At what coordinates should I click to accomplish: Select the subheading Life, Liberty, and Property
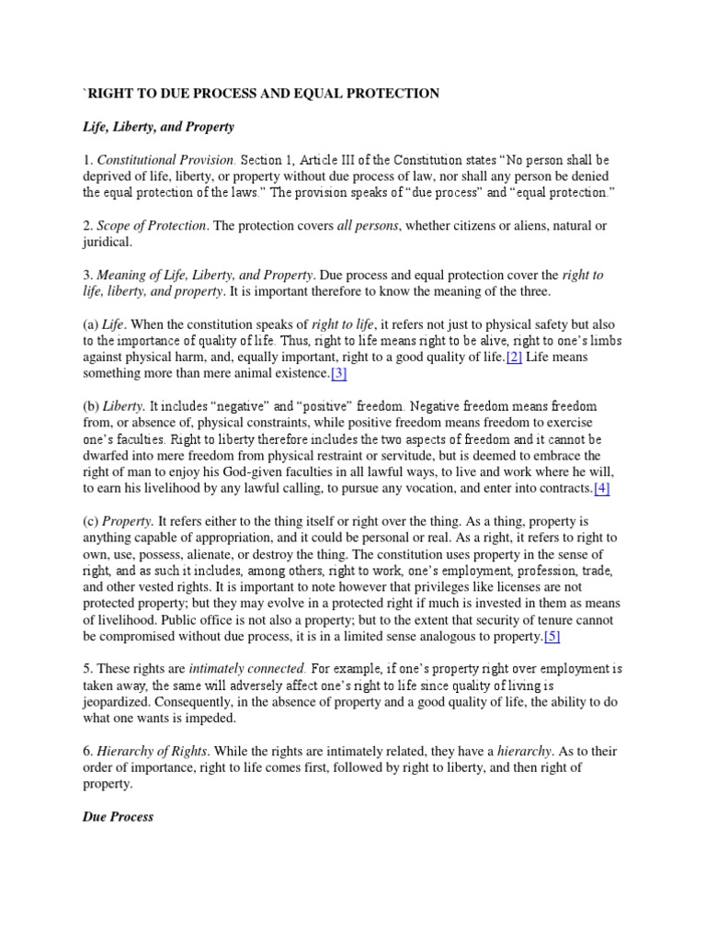pos(158,126)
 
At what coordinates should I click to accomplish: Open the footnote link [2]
pos(514,357)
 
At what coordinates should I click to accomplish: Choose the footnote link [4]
pos(601,489)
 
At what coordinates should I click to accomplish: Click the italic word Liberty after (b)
pos(127,406)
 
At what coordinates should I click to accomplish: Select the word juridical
pos(108,243)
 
